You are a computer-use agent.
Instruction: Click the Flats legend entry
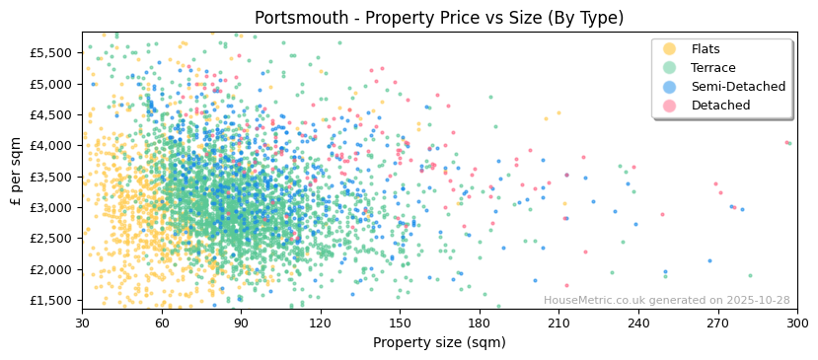pos(705,49)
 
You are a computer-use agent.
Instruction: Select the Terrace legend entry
pos(712,68)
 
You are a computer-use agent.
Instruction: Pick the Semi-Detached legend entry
pos(738,87)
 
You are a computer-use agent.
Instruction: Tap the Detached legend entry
pos(720,106)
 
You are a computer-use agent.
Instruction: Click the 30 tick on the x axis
pos(83,323)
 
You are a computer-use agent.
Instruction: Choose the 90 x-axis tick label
pos(242,323)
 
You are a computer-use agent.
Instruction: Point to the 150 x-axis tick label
pos(401,323)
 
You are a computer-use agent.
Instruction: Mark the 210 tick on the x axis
pos(559,323)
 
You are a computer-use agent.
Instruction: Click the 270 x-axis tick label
pos(718,323)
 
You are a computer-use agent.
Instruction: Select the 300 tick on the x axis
pos(797,323)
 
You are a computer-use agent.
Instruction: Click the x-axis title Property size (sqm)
pos(439,342)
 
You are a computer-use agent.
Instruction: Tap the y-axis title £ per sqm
pos(17,172)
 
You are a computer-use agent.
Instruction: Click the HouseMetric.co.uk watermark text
pos(666,300)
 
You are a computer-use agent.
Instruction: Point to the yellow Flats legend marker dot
pos(670,49)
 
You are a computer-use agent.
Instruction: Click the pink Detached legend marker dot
pos(670,106)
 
